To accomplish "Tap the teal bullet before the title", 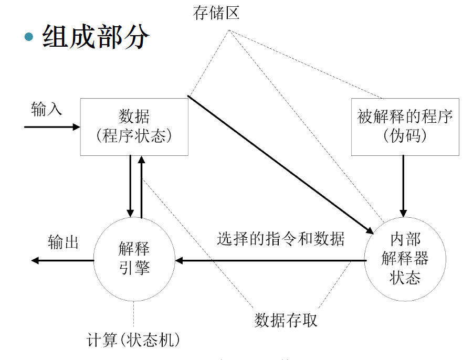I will (x=29, y=37).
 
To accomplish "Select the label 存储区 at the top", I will (x=216, y=13).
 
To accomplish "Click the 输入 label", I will (x=46, y=109).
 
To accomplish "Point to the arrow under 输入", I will (x=51, y=127).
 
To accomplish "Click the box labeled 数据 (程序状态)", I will (x=134, y=126).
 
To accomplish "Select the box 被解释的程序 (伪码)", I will (x=405, y=126).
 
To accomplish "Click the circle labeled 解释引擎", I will (x=134, y=259).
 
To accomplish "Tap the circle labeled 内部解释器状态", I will (x=405, y=259).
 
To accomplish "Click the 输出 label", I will (x=63, y=242).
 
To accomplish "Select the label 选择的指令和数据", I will (x=281, y=239).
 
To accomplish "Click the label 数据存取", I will (x=286, y=320).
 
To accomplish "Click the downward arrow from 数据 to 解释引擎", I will (x=130, y=186).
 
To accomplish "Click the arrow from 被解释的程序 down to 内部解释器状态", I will (x=403, y=186).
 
